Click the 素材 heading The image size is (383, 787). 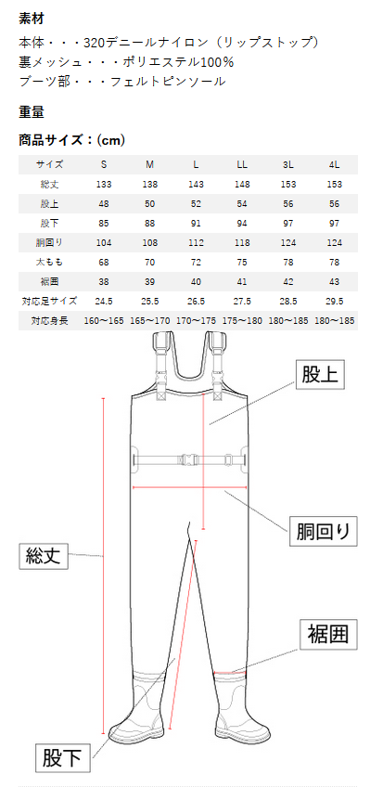tap(32, 19)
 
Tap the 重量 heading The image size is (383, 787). tap(32, 112)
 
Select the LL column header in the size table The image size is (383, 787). tap(242, 164)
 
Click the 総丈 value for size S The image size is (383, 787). tap(104, 184)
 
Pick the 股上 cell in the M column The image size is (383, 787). tap(150, 204)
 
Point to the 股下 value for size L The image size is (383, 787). tap(196, 224)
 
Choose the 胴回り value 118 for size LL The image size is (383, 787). tap(242, 243)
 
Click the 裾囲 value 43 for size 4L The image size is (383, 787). tap(335, 281)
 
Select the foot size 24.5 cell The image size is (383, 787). tap(104, 301)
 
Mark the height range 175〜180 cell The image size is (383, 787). tap(242, 321)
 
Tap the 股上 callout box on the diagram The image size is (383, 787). tap(320, 374)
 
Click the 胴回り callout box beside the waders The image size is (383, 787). tap(324, 532)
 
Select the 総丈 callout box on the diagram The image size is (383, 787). tap(43, 555)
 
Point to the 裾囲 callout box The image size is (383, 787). tap(328, 636)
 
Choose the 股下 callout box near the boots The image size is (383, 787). tap(63, 758)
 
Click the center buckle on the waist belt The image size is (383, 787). tap(189, 458)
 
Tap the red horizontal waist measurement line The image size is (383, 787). tap(189, 487)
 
